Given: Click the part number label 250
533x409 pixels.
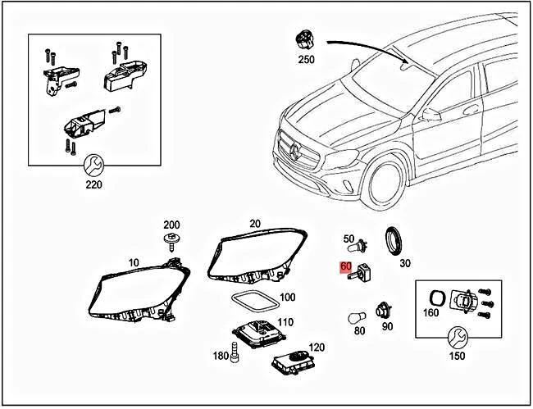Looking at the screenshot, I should tap(306, 61).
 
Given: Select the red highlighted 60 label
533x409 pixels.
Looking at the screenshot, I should tap(345, 267).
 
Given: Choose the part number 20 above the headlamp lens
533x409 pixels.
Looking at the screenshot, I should tap(255, 224).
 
